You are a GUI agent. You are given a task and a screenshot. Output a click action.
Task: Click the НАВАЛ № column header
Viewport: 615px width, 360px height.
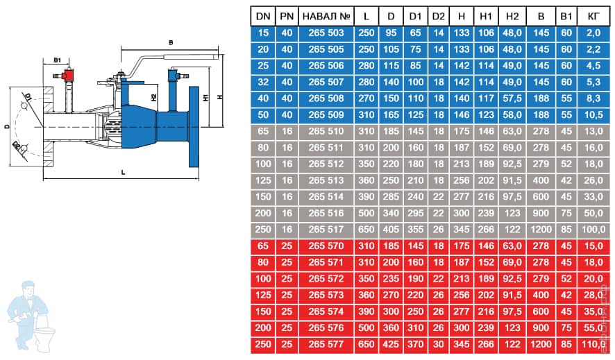click(x=326, y=17)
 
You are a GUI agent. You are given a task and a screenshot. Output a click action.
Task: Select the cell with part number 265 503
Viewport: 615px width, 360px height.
click(x=326, y=33)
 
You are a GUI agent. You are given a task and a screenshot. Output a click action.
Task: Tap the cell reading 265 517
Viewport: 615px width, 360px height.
click(x=326, y=230)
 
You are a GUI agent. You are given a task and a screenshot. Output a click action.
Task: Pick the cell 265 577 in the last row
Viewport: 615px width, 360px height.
click(x=326, y=344)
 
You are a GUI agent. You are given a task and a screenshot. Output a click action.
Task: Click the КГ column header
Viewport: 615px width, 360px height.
click(x=593, y=17)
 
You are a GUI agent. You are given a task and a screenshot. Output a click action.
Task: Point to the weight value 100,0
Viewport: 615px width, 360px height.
click(x=593, y=230)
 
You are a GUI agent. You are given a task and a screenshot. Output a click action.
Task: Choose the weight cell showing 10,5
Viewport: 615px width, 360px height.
click(x=593, y=114)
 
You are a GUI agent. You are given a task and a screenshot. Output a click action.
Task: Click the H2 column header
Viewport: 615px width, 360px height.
click(x=512, y=17)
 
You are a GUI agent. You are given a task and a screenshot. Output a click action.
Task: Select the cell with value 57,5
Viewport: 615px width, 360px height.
click(x=512, y=98)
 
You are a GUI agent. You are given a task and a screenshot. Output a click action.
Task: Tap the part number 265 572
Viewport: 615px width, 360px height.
click(x=326, y=279)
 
